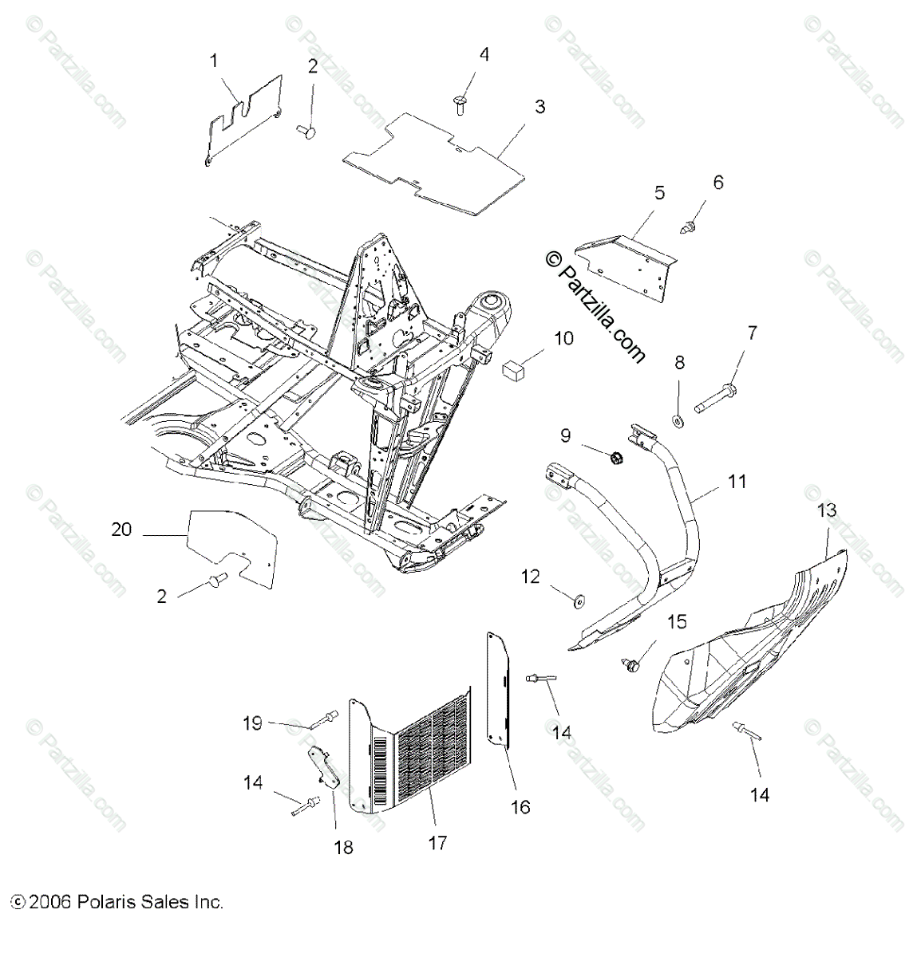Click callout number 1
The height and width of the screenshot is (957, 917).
[x=213, y=60]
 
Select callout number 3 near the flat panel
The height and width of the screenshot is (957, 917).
[x=540, y=106]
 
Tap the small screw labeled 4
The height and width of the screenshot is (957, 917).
[x=460, y=101]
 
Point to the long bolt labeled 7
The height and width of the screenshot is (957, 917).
[x=716, y=396]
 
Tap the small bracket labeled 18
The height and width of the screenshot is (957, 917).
[x=324, y=764]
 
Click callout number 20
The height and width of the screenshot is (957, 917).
[x=121, y=529]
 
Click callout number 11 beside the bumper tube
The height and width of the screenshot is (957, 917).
[x=737, y=481]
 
